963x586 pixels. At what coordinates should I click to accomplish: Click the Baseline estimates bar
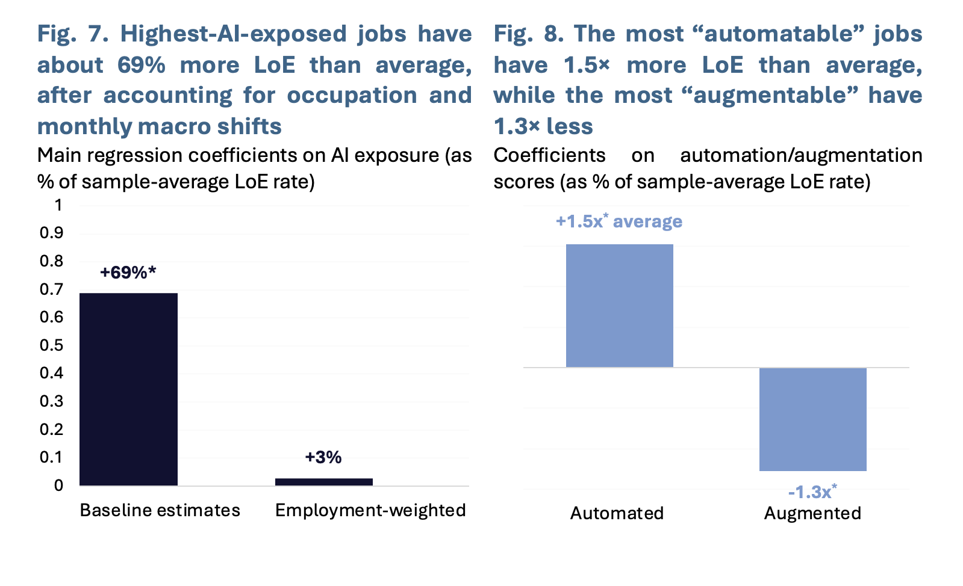click(128, 389)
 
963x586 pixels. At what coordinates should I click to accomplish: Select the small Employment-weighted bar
click(324, 482)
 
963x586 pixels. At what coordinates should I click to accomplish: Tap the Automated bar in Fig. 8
click(620, 306)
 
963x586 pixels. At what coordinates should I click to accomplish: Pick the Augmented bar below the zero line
click(812, 419)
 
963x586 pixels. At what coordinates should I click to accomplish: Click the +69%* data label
click(128, 273)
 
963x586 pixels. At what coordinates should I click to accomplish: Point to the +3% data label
click(323, 457)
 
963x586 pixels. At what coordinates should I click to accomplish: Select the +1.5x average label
click(619, 221)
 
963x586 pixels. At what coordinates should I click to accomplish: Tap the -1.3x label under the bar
click(812, 492)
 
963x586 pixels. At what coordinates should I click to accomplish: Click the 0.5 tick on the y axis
click(52, 345)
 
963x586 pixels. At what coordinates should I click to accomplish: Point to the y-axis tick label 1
click(58, 205)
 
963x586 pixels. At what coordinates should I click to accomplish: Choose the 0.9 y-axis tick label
click(52, 233)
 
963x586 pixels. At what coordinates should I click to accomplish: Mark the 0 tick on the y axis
click(58, 486)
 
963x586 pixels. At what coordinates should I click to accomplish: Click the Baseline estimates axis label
click(160, 510)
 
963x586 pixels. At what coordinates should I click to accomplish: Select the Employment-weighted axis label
click(370, 511)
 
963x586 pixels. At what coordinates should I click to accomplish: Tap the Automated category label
click(617, 513)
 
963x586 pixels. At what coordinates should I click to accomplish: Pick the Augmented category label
click(812, 513)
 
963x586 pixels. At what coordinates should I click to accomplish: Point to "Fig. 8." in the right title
click(529, 34)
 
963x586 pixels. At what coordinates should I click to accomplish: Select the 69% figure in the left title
click(142, 66)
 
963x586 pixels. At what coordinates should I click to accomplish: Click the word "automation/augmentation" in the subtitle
click(802, 155)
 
